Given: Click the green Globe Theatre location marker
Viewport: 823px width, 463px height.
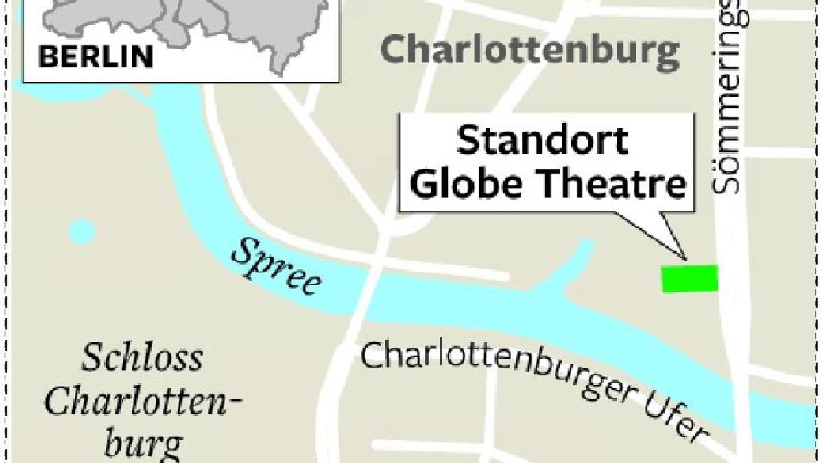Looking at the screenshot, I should pyautogui.click(x=689, y=279).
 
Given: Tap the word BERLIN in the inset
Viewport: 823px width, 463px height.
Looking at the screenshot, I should pyautogui.click(x=96, y=56).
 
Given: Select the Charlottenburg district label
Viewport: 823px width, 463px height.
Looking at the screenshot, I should pyautogui.click(x=529, y=51).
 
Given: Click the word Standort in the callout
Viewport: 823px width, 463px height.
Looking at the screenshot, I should pyautogui.click(x=542, y=141).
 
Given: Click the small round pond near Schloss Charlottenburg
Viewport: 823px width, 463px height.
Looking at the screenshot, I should pyautogui.click(x=81, y=231).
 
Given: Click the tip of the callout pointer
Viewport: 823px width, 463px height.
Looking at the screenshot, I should pyautogui.click(x=685, y=260).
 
